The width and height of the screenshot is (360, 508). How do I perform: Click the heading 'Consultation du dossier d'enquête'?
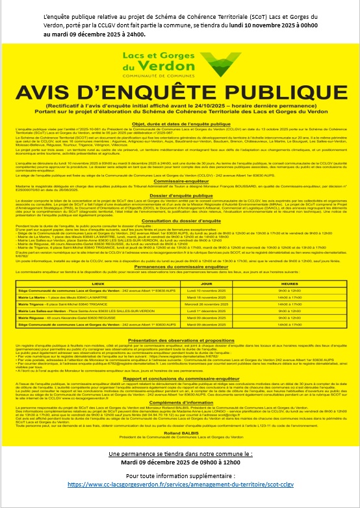[x=181, y=240]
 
